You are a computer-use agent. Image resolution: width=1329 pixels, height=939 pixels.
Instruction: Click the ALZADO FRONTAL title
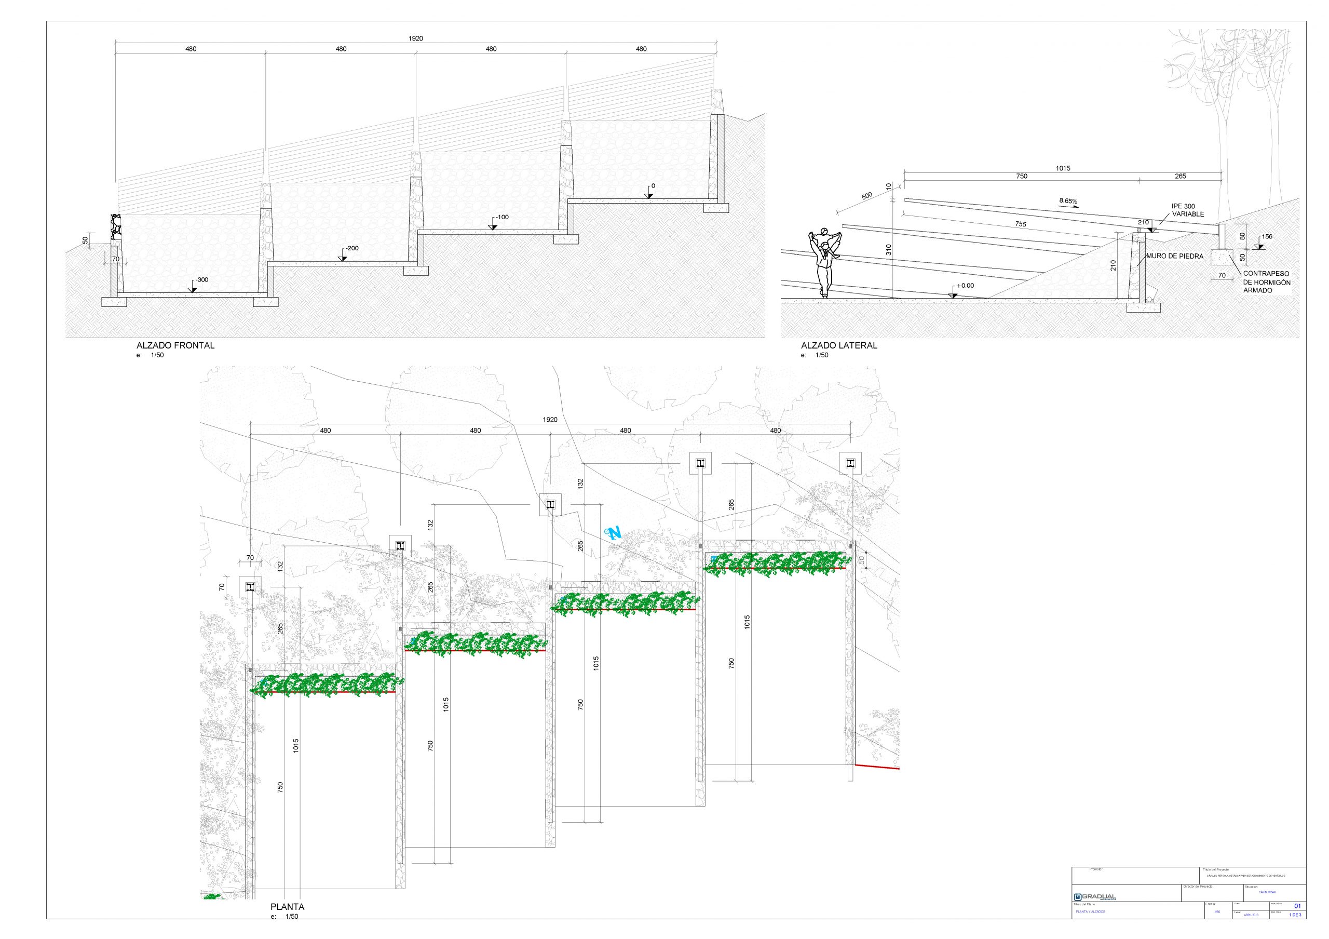pyautogui.click(x=175, y=345)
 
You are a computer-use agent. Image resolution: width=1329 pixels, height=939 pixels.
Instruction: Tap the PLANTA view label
pyautogui.click(x=287, y=907)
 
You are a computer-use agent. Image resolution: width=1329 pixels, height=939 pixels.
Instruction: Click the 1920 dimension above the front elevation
pyautogui.click(x=416, y=38)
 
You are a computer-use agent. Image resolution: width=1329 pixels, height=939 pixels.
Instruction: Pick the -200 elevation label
pyautogui.click(x=352, y=248)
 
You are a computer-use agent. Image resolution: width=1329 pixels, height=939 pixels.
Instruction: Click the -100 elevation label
pyautogui.click(x=502, y=217)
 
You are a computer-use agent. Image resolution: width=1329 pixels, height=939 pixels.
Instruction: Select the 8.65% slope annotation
pyautogui.click(x=1068, y=201)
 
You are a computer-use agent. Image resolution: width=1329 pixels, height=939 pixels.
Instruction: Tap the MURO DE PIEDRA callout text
pyautogui.click(x=1174, y=256)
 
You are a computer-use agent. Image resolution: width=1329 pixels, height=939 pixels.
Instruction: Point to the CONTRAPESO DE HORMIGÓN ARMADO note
pyautogui.click(x=1267, y=282)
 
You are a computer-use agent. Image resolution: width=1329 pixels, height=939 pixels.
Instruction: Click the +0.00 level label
pyautogui.click(x=965, y=286)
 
